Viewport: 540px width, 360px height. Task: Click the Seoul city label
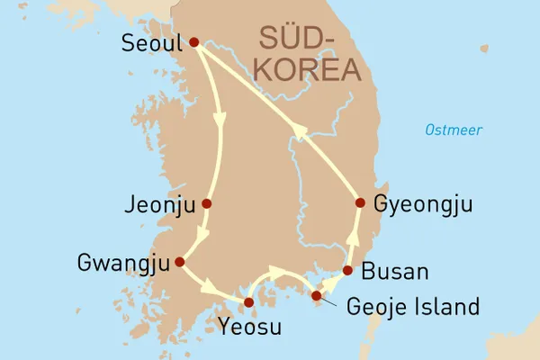click(149, 42)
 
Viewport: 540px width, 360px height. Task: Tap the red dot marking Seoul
click(193, 42)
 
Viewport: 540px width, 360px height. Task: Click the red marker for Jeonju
click(207, 203)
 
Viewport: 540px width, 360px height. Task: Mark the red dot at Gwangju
click(179, 262)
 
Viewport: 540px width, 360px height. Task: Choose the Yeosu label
click(248, 326)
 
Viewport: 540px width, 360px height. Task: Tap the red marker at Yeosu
click(249, 301)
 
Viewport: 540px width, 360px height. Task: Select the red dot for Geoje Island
click(315, 296)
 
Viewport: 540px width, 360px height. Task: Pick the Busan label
click(394, 271)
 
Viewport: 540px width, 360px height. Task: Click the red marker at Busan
click(347, 271)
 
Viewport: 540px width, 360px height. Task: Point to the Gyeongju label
click(422, 203)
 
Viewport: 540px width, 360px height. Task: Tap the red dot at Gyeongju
click(360, 202)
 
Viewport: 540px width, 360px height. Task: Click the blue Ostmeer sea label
click(454, 130)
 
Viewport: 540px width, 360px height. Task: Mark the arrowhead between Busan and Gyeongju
click(353, 238)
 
